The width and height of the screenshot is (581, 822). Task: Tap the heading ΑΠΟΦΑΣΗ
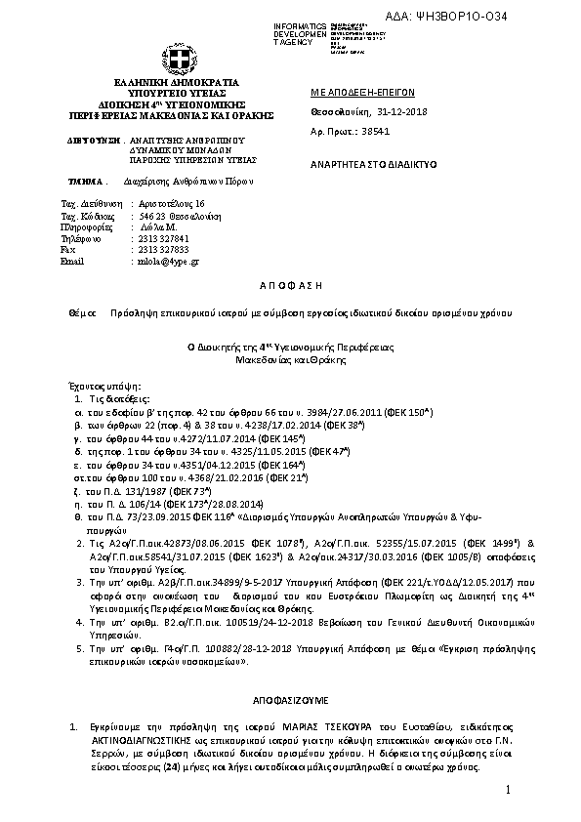click(x=289, y=281)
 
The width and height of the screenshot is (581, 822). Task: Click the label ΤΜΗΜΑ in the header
click(x=85, y=182)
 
